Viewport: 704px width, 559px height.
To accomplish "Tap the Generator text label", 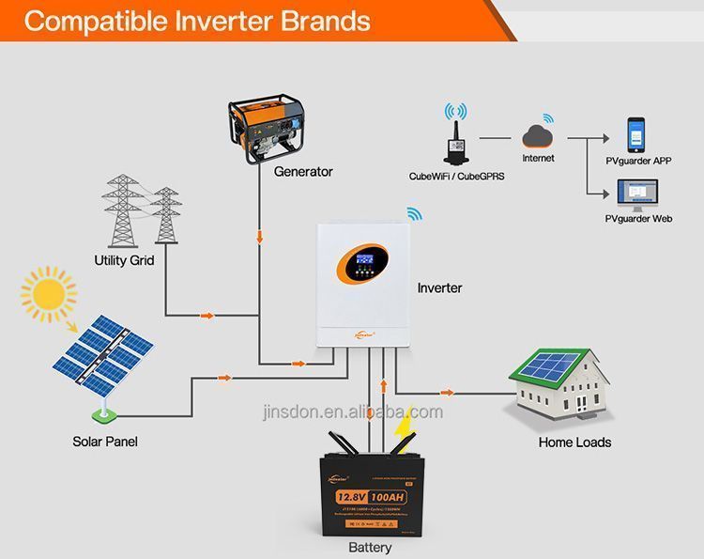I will coord(303,172).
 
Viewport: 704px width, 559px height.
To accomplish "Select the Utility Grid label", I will coord(124,260).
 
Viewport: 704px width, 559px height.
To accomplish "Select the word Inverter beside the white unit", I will coord(439,287).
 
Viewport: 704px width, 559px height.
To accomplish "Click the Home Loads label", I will coord(574,442).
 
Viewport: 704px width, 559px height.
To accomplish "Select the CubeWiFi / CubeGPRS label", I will coord(457,176).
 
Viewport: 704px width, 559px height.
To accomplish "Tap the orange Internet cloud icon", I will coord(538,134).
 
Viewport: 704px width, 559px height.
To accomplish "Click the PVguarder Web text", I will coord(638,219).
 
